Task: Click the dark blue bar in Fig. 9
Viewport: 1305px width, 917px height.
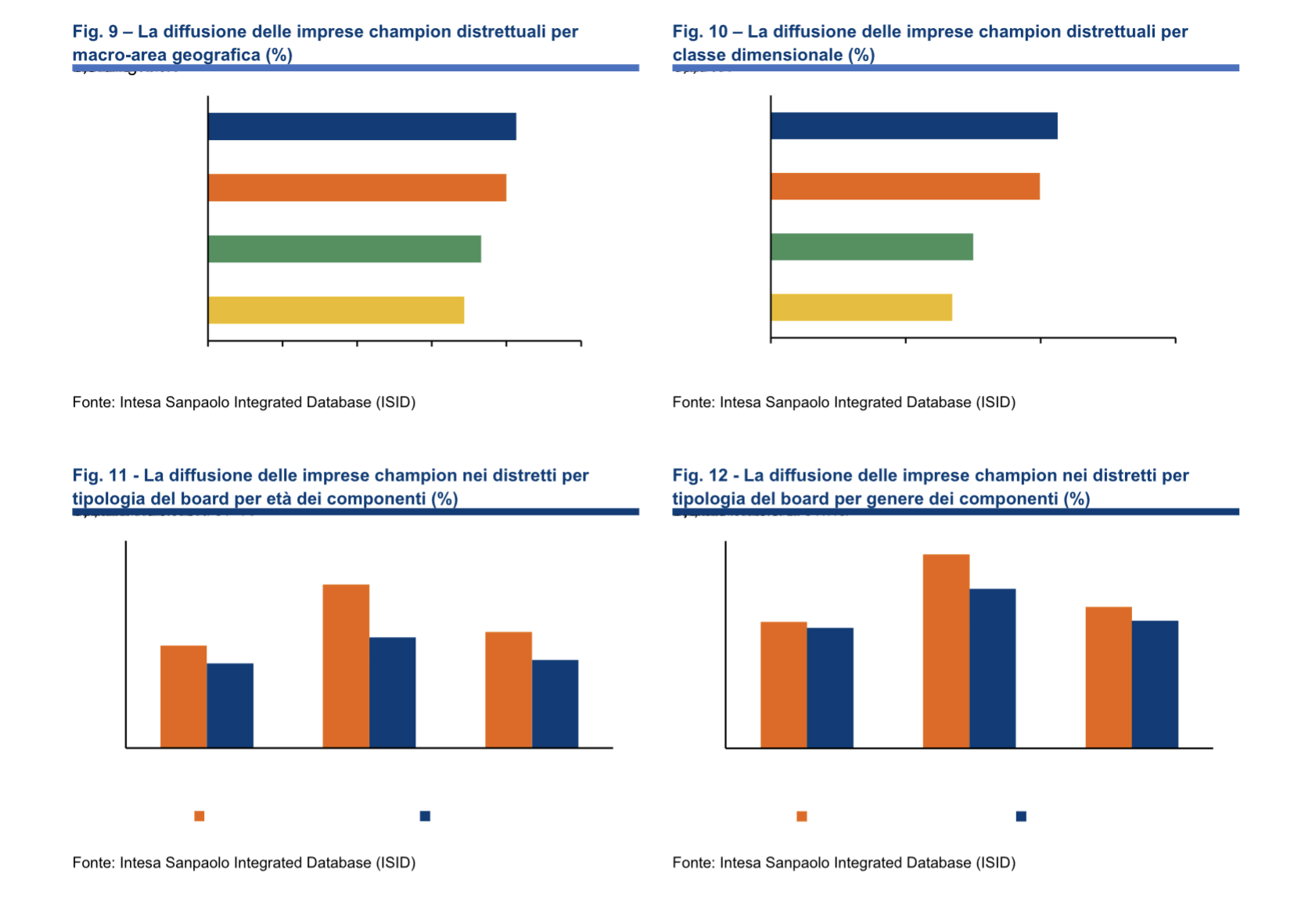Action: pos(361,127)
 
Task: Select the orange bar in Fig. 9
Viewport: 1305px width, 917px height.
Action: pos(357,188)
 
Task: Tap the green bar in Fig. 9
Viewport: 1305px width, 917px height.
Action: pos(344,249)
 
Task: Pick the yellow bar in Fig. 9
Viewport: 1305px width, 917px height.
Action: pos(336,310)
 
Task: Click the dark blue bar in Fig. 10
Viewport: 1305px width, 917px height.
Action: pos(914,126)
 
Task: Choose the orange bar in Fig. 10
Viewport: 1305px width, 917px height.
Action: pos(905,186)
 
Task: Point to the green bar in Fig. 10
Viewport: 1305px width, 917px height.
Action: pos(872,246)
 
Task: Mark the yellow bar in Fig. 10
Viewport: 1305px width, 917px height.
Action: pos(861,307)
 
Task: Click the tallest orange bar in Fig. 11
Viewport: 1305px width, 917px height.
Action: pos(346,666)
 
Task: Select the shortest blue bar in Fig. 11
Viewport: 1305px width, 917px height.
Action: pos(230,705)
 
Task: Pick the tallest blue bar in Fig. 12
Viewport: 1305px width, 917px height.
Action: pos(992,668)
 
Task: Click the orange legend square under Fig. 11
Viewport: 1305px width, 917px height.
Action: pos(200,816)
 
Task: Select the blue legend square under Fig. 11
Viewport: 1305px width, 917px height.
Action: pos(425,816)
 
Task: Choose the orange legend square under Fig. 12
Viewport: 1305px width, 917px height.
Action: pos(802,816)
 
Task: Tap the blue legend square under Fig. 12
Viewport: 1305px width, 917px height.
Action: pos(1021,816)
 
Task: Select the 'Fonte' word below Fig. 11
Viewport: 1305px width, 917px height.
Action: pos(93,863)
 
